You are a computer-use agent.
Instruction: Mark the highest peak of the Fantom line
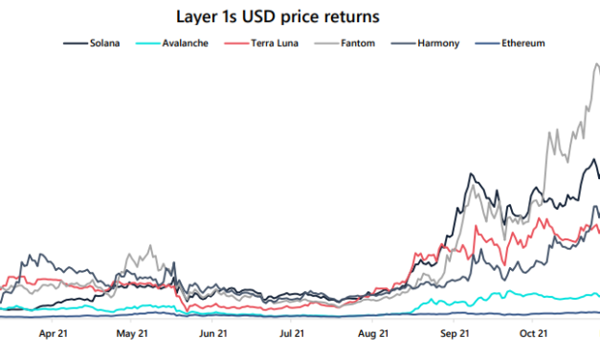pyautogui.click(x=596, y=64)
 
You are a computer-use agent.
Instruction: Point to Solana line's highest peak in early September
pyautogui.click(x=470, y=174)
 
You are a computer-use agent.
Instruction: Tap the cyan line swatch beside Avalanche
pyautogui.click(x=149, y=43)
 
